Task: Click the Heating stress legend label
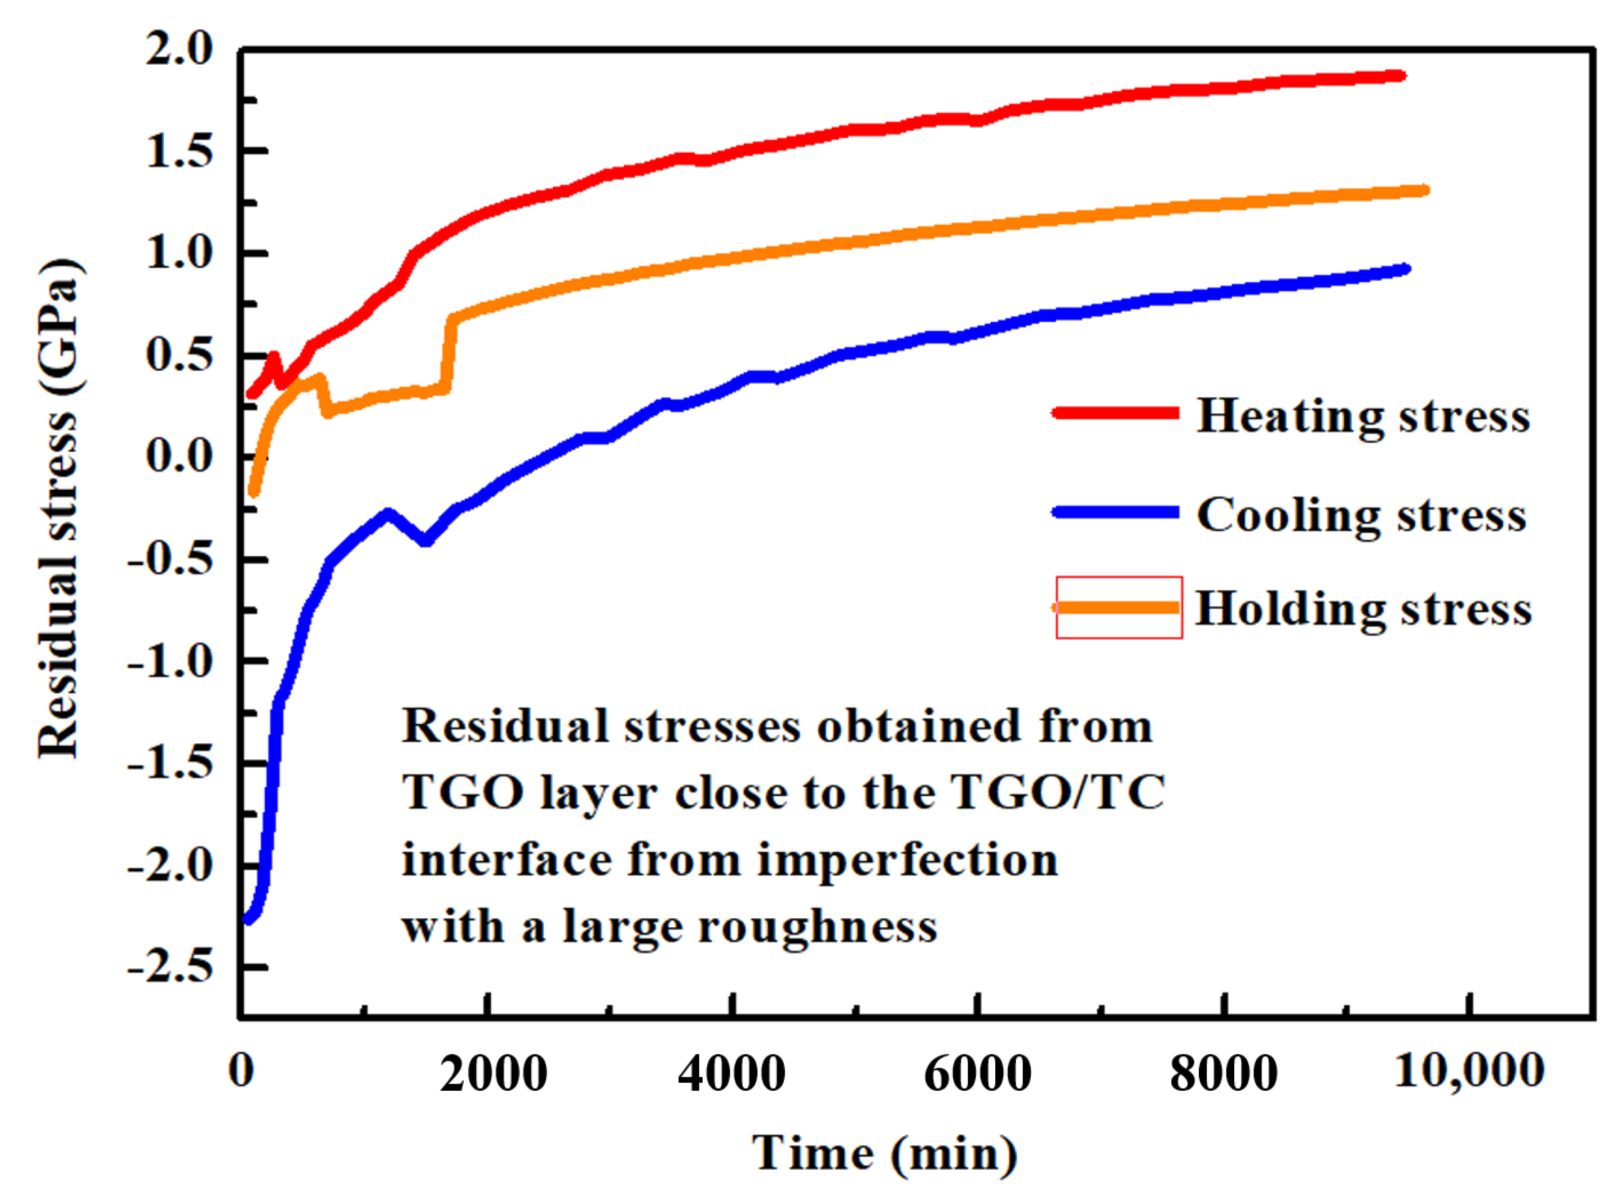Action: point(1362,416)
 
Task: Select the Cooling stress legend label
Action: point(1360,516)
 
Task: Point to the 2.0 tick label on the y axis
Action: point(180,51)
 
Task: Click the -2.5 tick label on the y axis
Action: point(171,966)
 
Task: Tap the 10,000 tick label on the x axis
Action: point(1469,1070)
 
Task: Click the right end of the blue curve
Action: point(1405,269)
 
